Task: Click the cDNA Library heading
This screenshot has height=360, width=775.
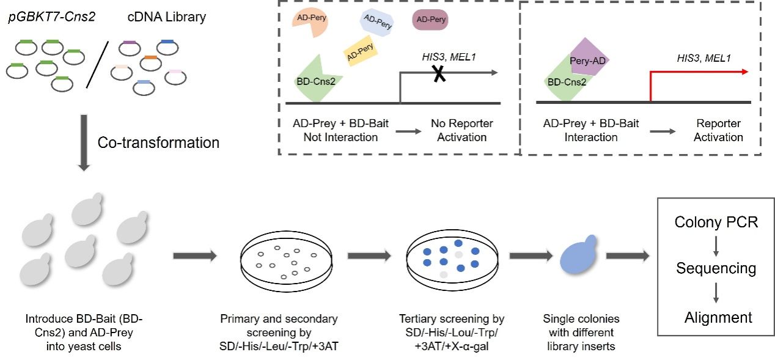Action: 166,17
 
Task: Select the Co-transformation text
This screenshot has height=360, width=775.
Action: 158,143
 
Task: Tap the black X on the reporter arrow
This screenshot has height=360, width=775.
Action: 438,73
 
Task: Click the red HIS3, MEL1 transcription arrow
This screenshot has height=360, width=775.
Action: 697,73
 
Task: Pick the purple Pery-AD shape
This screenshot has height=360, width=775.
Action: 588,60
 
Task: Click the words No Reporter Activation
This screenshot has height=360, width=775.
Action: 461,130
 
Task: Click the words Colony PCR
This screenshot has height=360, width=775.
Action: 716,222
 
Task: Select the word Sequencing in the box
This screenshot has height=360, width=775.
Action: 716,268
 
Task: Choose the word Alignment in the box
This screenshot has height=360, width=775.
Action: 718,317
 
